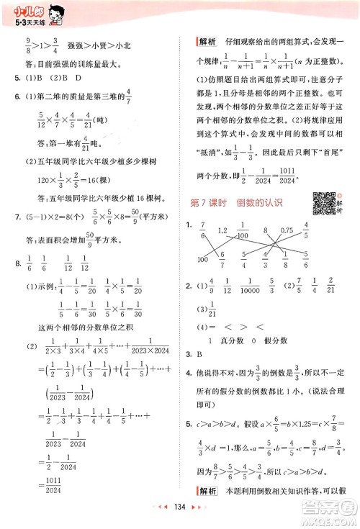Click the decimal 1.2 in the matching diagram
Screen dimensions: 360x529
click(x=223, y=230)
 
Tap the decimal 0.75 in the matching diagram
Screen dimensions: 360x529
click(x=286, y=230)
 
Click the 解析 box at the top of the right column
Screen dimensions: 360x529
click(x=207, y=42)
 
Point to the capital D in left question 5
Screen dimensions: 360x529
click(x=73, y=78)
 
